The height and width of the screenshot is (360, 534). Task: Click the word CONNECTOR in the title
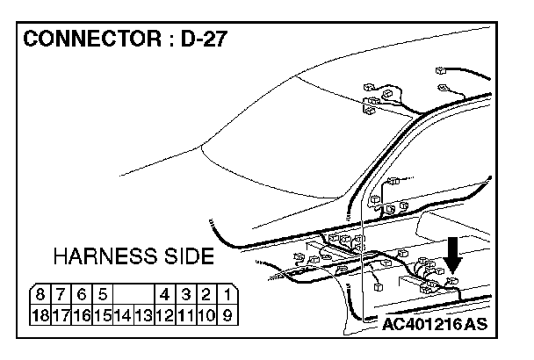click(x=92, y=39)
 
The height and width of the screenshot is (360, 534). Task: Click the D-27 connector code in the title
click(x=203, y=39)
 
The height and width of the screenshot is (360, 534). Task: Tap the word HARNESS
click(x=105, y=256)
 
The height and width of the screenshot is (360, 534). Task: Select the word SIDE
click(x=189, y=256)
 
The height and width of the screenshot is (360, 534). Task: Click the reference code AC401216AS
click(x=435, y=324)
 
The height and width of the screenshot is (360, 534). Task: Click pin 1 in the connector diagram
click(x=227, y=294)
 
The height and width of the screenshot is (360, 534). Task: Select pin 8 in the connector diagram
click(x=40, y=294)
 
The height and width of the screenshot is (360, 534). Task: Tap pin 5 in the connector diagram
click(x=103, y=294)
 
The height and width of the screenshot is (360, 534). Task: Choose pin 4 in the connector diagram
click(x=165, y=294)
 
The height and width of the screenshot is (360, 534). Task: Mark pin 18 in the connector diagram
click(x=40, y=315)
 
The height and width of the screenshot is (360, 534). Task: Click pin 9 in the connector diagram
click(x=227, y=315)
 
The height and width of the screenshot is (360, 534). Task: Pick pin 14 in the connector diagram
click(x=123, y=315)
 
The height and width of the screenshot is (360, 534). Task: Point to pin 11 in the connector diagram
click(x=186, y=315)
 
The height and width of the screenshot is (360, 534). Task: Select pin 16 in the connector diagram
click(x=82, y=315)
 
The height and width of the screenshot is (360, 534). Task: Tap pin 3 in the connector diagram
click(x=186, y=294)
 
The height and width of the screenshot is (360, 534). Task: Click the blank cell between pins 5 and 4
click(x=133, y=294)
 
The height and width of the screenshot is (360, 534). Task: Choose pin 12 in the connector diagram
click(x=165, y=315)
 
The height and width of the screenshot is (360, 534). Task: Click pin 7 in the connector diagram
click(x=61, y=294)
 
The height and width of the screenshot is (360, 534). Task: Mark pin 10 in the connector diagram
click(x=207, y=315)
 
